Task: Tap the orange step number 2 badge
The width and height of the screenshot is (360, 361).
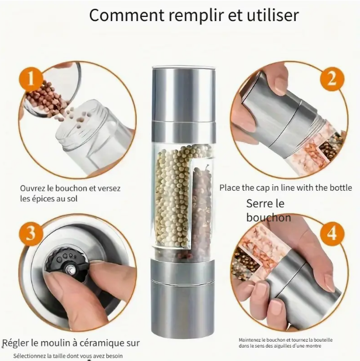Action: pos(332,78)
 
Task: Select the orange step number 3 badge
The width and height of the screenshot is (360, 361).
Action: pos(30,233)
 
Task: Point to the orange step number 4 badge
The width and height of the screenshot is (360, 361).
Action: pos(332,233)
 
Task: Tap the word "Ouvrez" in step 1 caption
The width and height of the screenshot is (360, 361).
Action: pos(32,188)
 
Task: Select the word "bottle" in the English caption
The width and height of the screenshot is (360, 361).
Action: pos(341,188)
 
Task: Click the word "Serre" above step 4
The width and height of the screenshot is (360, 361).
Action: pos(259,204)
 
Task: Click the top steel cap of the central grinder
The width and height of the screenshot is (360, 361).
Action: pos(184,94)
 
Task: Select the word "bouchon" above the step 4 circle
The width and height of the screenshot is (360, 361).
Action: pos(268,218)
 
